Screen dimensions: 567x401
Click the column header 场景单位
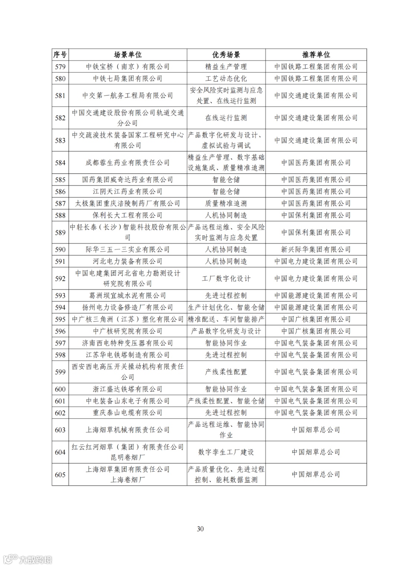point(128,55)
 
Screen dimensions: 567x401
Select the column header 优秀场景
point(226,55)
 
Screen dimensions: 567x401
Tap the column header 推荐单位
point(316,55)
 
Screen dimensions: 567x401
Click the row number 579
point(60,67)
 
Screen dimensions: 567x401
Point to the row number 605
point(60,475)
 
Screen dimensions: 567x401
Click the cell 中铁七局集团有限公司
point(128,79)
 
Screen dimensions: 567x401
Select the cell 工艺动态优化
point(226,79)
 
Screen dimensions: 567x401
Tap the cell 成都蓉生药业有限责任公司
point(128,163)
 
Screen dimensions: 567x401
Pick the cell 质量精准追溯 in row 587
point(226,203)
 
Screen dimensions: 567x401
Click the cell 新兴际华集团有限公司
point(316,250)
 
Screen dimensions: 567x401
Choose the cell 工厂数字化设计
point(226,278)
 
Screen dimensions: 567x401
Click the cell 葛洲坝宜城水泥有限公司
point(128,296)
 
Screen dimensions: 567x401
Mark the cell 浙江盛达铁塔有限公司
point(128,389)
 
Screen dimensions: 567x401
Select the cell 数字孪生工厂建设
point(226,452)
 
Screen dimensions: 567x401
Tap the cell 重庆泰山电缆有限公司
point(128,413)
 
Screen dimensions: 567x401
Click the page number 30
point(200,529)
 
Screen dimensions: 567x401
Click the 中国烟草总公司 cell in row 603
point(316,430)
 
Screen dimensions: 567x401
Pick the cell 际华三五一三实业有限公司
point(128,250)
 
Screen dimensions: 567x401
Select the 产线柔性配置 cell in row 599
point(226,372)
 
